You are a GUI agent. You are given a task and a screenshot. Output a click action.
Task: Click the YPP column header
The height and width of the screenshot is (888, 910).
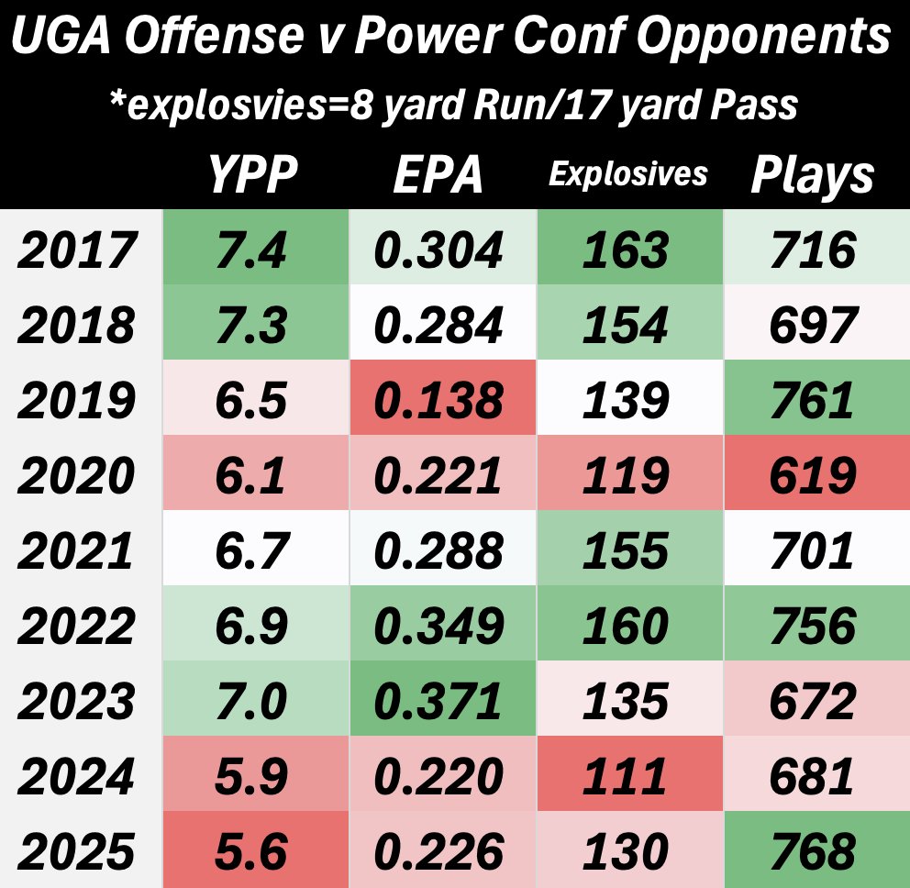point(254,174)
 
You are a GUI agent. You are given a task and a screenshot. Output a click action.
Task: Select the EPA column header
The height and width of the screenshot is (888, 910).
point(438,174)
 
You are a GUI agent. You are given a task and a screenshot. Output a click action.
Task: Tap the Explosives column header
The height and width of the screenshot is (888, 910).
point(628,174)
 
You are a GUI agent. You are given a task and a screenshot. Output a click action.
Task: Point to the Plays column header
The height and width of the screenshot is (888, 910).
point(813,174)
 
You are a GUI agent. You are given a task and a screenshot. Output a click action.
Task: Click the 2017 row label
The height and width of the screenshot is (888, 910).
point(77,250)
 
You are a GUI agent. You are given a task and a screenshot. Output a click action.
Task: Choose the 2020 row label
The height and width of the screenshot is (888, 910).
point(77,476)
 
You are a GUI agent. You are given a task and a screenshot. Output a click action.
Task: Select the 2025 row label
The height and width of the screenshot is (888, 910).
point(77,852)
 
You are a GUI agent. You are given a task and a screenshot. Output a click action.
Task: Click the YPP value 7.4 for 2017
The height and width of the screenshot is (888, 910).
point(254,250)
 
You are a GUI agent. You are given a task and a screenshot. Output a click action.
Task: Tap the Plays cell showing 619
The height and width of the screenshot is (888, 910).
point(813,476)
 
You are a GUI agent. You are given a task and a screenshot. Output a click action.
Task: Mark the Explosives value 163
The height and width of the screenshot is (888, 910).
point(628,250)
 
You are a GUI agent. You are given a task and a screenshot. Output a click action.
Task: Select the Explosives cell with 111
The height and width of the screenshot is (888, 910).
point(628,777)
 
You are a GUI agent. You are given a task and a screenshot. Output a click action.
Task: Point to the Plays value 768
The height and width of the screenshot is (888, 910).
point(813,852)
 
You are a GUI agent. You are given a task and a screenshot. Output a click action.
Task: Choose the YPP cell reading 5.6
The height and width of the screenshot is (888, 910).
point(254,852)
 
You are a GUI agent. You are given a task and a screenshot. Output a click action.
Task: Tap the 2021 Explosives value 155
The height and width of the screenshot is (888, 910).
point(628,551)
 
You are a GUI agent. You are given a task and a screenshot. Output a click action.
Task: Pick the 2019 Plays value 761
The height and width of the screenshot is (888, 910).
point(813,401)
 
